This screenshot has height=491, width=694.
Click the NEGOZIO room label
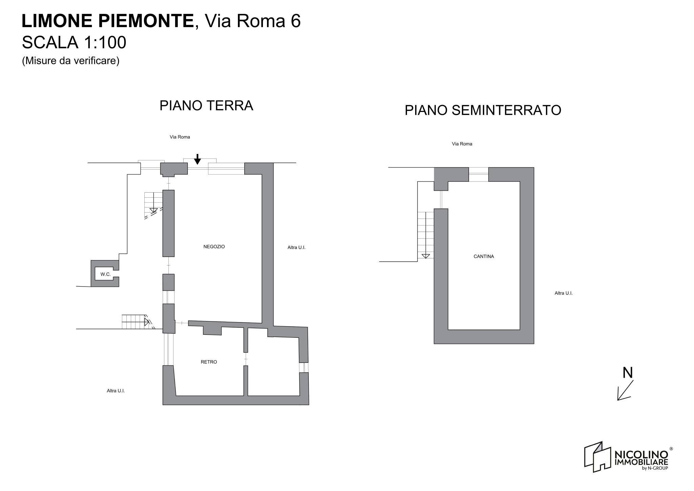pos(214,247)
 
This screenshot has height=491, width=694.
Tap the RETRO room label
pos(209,362)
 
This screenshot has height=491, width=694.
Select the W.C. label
pos(105,274)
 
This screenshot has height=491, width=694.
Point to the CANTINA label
pos(484,257)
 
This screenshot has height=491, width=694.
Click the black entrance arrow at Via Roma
pos(197,159)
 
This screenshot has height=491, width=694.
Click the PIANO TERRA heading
pos(206,106)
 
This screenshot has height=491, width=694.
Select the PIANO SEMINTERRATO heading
pos(483,111)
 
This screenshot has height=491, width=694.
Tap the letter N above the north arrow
pos(628,373)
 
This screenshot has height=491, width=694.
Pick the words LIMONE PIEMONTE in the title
pos(108,21)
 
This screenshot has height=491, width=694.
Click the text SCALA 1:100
pos(74,43)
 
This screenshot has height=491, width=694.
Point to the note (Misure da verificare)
pos(70,61)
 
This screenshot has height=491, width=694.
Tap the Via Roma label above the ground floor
pos(180,137)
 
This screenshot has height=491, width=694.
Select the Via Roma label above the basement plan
pos(462,144)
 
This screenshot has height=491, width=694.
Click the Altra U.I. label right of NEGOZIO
pos(296,248)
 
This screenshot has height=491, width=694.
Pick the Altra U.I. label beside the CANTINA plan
pos(563,293)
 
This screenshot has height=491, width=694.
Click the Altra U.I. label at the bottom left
pos(116,391)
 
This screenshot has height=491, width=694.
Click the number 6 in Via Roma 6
pos(295,21)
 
